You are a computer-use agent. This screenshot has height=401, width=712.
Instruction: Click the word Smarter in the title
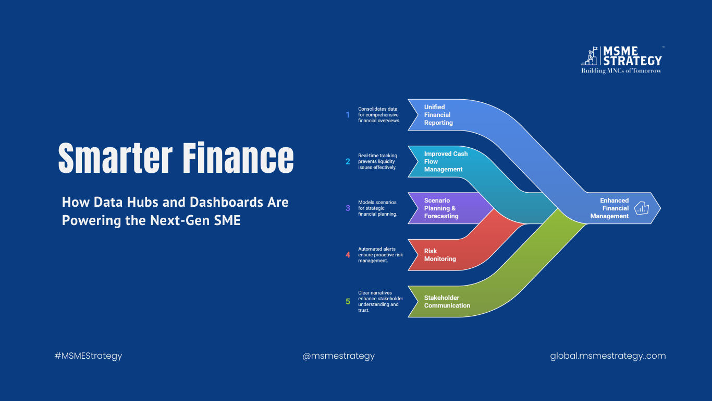[x=115, y=158]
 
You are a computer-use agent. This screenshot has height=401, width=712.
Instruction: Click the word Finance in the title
[x=238, y=158]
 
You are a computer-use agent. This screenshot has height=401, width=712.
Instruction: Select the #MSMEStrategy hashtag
[x=89, y=356]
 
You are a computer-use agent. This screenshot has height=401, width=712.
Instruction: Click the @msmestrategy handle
[x=338, y=356]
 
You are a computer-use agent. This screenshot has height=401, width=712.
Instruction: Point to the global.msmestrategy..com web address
[x=608, y=356]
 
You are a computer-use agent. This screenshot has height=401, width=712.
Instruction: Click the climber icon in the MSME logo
[x=590, y=56]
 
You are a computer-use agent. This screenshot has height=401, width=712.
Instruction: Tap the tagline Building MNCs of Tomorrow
[x=621, y=70]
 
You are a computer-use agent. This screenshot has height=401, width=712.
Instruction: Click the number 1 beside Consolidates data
[x=348, y=115]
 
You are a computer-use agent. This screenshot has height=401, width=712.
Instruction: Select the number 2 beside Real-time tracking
[x=348, y=161]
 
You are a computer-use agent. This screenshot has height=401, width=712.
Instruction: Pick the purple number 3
[x=348, y=208]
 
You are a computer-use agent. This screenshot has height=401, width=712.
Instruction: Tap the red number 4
[x=348, y=255]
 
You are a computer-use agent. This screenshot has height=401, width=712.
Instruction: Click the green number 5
[x=348, y=301]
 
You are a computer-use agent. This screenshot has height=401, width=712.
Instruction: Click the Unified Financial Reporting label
[x=438, y=115]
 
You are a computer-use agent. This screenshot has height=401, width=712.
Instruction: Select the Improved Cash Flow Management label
[x=446, y=161]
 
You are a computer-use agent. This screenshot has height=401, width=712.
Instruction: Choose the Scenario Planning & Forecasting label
[x=441, y=208]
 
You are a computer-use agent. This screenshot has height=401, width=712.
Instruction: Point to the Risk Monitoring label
[x=440, y=255]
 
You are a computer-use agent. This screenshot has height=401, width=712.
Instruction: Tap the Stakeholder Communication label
[x=447, y=301]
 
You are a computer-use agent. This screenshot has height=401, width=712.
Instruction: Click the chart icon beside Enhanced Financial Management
[x=642, y=208]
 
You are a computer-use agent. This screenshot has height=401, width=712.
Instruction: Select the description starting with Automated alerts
[x=380, y=255]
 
